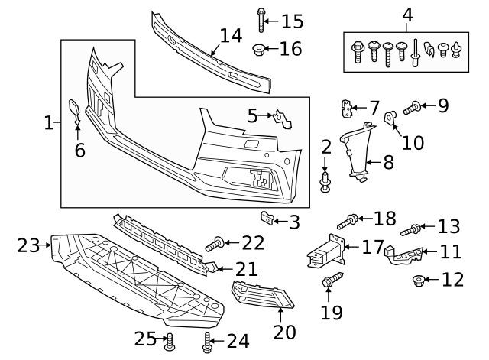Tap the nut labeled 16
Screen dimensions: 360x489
click(x=260, y=50)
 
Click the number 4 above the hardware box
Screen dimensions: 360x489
click(x=407, y=15)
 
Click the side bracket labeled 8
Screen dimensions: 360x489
click(x=356, y=153)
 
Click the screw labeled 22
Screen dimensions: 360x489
click(x=214, y=245)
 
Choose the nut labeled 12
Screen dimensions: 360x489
click(x=419, y=280)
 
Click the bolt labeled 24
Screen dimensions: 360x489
click(x=206, y=345)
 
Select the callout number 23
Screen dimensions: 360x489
click(x=28, y=245)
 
